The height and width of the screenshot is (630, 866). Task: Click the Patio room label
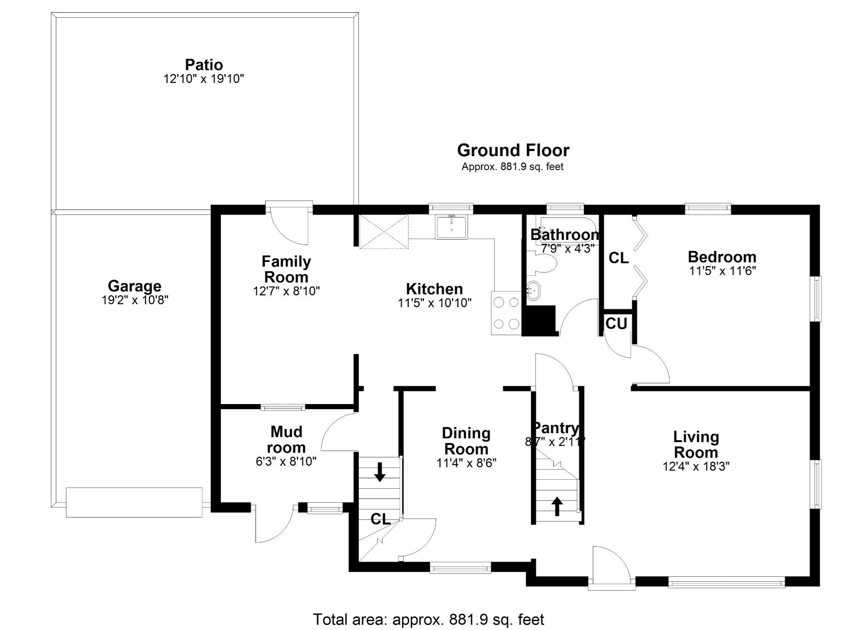point(204,65)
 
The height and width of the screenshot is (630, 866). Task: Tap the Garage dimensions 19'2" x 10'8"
point(135,300)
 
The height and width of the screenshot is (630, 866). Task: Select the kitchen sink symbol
point(451,227)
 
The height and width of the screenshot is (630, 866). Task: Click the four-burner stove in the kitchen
point(506,313)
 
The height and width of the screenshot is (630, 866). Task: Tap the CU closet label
point(616,324)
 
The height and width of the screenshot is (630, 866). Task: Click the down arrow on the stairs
point(379,472)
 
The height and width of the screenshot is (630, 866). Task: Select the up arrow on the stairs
point(557,506)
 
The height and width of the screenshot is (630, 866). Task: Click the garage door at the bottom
point(134,502)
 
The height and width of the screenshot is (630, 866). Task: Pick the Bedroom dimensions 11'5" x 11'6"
point(723,271)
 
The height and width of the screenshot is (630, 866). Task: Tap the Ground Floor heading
point(513,150)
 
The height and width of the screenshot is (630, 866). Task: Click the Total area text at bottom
point(428,619)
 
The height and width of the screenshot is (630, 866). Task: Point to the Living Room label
point(696,444)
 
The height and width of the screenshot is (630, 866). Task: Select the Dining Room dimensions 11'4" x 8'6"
point(466,463)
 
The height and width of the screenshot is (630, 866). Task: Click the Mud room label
point(286,439)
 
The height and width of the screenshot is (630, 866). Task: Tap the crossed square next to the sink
point(384,231)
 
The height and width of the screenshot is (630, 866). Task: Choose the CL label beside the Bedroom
point(619,258)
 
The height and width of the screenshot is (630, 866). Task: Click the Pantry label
point(555,428)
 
